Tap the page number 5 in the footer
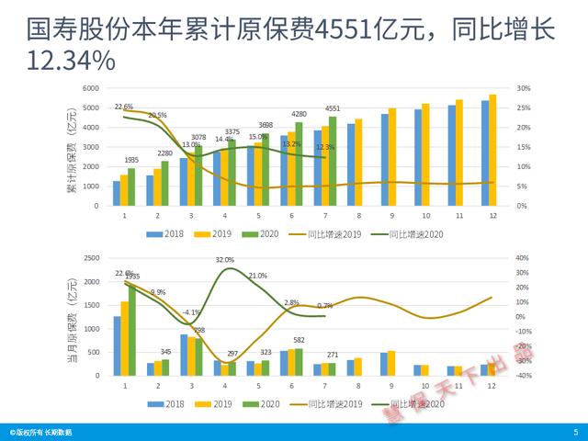tap(575, 431)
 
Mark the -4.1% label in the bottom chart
tap(191, 312)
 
